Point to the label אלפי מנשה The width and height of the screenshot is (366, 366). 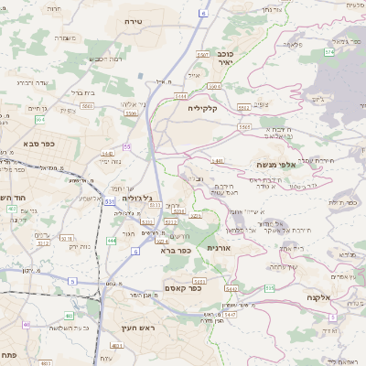coord(274,165)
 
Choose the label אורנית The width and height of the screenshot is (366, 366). coord(220,248)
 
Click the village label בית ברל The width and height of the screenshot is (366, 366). coord(83,92)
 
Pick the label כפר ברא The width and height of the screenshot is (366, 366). coord(174,250)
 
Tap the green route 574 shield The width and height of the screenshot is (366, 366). coord(328,52)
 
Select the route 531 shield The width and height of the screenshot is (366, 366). coord(109,201)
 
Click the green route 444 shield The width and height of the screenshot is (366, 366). coord(111,240)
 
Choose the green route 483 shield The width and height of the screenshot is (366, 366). coord(116,347)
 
